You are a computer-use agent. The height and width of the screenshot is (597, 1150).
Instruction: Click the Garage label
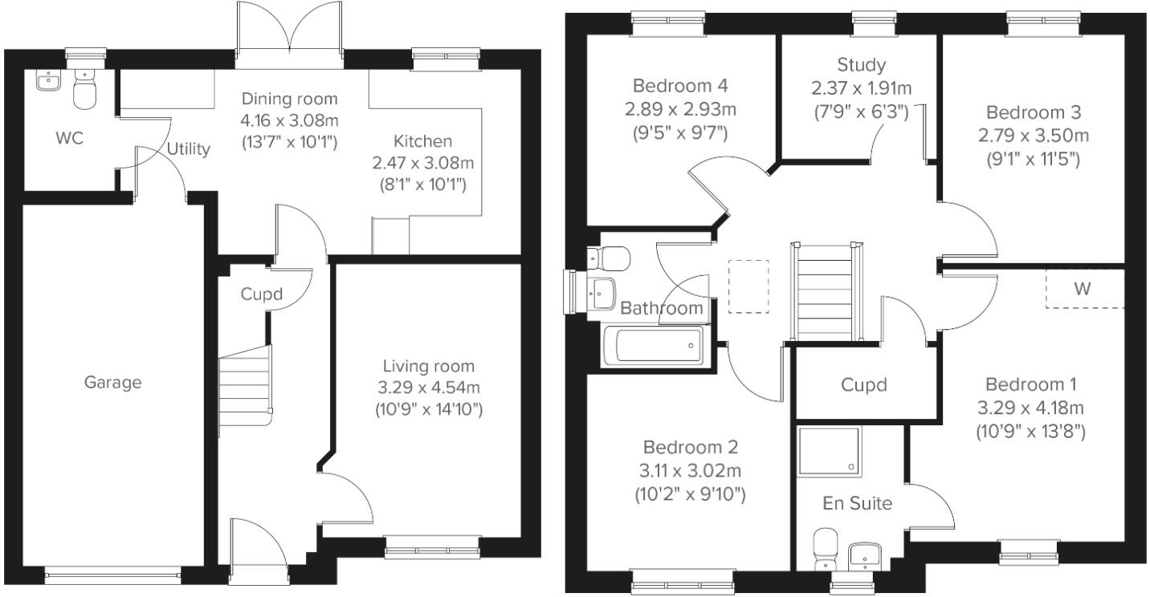pos(112,383)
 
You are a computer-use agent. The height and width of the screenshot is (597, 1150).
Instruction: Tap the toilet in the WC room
pos(84,89)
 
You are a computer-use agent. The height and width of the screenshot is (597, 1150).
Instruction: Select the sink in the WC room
pos(49,80)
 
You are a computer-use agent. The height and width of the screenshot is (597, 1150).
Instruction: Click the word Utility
pos(189,148)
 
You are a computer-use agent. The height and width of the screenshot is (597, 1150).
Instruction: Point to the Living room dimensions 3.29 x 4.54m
pos(428,388)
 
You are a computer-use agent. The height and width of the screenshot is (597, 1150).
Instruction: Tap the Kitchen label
pos(423,141)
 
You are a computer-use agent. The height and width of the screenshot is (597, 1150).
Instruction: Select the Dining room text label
pos(290,99)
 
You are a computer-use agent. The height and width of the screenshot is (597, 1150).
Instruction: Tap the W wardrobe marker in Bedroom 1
pos(1083,289)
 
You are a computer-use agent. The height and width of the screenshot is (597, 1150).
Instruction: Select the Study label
pos(861,65)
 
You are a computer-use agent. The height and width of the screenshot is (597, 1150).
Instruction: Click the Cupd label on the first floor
pos(863,385)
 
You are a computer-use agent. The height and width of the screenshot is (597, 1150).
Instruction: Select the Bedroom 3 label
pos(1033,112)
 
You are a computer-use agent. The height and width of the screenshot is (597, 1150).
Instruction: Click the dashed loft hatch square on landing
pos(748,286)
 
